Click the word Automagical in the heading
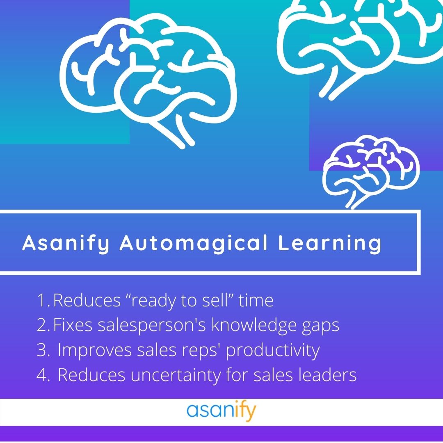point(194,243)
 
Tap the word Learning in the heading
point(330,243)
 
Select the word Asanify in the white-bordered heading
point(66,243)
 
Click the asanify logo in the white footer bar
point(221,412)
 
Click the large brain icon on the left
point(148,82)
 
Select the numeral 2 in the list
point(42,325)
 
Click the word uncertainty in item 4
point(176,375)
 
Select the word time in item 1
point(256,300)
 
